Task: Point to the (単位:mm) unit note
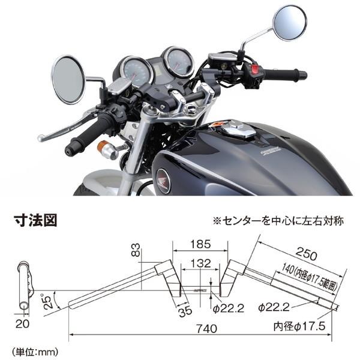(x=35, y=347)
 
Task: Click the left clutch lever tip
(x=41, y=138)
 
